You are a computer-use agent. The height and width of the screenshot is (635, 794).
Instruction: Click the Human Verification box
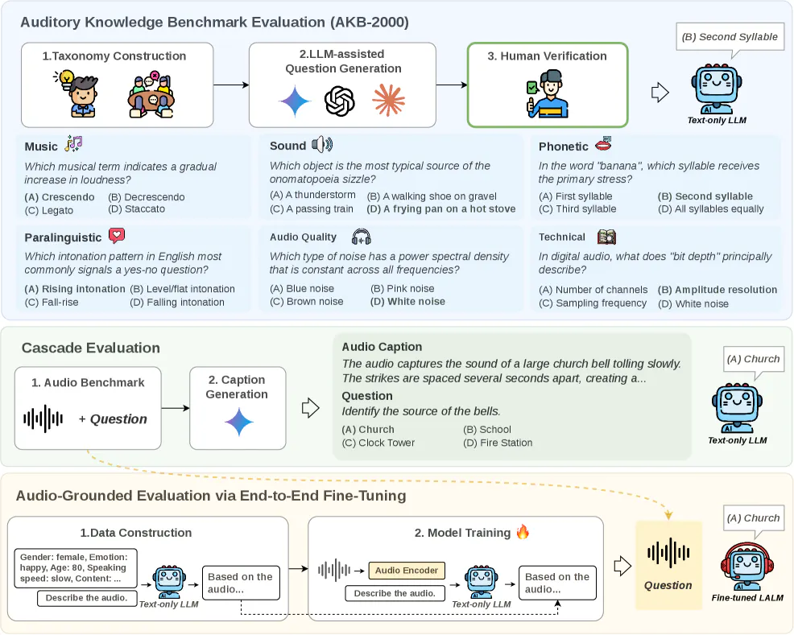pyautogui.click(x=548, y=85)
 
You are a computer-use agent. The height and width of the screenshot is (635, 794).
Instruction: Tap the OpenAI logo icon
pyautogui.click(x=339, y=102)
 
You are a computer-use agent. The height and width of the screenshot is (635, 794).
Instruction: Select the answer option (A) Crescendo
pyautogui.click(x=60, y=197)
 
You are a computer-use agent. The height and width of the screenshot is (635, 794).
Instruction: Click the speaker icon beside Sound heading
pyautogui.click(x=322, y=145)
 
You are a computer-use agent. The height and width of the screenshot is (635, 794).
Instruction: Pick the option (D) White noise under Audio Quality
pyautogui.click(x=406, y=302)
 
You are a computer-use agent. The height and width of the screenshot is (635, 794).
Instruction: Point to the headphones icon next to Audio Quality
pyautogui.click(x=362, y=237)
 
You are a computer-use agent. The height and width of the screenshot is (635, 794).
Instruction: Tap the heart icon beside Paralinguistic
pyautogui.click(x=118, y=237)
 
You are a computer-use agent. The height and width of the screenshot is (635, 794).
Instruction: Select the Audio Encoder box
pyautogui.click(x=407, y=571)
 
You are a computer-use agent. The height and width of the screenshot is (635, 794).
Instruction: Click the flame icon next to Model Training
pyautogui.click(x=523, y=532)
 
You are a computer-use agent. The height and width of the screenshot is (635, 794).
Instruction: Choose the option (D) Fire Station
pyautogui.click(x=498, y=443)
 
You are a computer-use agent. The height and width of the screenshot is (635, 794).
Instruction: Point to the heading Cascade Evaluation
pyautogui.click(x=90, y=348)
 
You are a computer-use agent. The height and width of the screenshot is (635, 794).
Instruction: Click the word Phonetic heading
pyautogui.click(x=564, y=146)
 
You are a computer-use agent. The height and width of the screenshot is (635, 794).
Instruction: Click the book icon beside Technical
pyautogui.click(x=606, y=237)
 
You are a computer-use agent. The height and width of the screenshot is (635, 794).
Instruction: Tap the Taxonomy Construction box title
pyautogui.click(x=114, y=56)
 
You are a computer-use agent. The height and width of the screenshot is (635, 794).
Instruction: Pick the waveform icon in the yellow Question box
pyautogui.click(x=668, y=553)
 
